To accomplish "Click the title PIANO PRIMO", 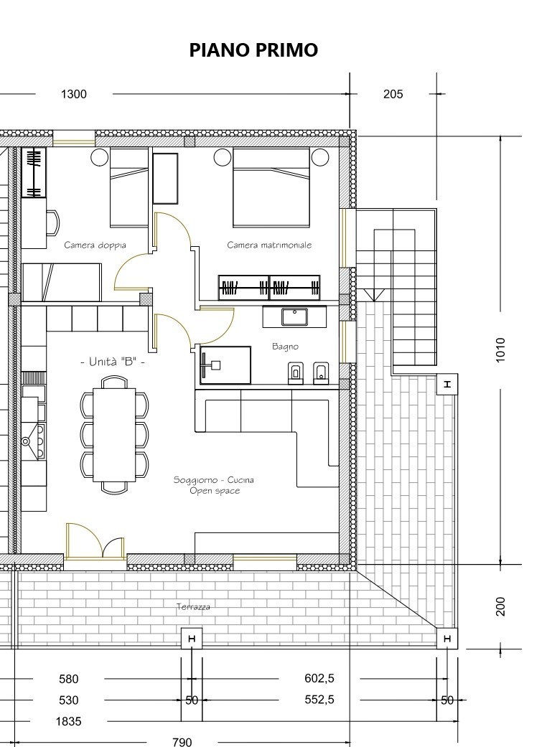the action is [253, 50].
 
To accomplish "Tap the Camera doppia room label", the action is [95, 245].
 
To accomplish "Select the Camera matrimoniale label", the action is [269, 245].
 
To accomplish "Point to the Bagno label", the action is [286, 347].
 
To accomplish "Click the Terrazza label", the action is [193, 606].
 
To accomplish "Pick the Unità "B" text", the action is [112, 362].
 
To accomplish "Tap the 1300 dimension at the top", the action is [74, 94].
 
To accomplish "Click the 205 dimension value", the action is [393, 94].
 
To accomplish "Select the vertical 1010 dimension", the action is [500, 350].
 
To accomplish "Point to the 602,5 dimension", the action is [319, 678].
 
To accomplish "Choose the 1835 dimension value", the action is [69, 721].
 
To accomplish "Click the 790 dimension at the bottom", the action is [182, 741].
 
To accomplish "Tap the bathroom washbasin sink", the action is [294, 316].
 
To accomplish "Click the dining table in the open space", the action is [114, 435].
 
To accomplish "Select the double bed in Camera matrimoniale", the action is [271, 187].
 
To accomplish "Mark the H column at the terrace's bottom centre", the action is [192, 639].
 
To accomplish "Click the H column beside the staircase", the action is [447, 384].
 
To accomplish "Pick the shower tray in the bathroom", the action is [225, 365].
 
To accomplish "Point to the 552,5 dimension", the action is [319, 700].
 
